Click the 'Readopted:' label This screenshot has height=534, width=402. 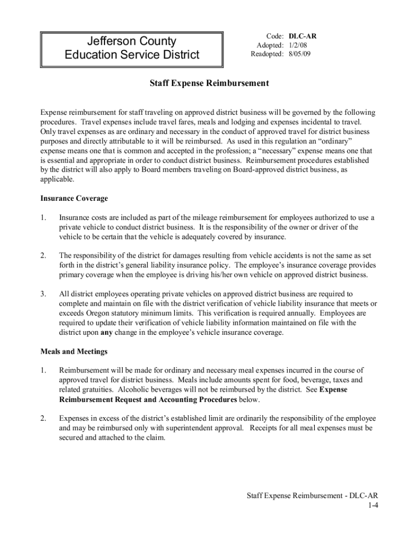[267, 54]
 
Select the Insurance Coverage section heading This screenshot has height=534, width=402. [74, 198]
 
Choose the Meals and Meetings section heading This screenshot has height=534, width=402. [74, 351]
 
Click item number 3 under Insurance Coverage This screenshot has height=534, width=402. [44, 294]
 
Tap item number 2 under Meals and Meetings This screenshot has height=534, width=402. [44, 418]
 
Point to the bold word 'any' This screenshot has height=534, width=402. [106, 333]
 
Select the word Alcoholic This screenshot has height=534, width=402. [135, 390]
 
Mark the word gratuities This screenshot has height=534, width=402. [98, 390]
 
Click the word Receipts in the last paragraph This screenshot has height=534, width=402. [266, 428]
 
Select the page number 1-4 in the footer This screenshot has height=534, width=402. [372, 505]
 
